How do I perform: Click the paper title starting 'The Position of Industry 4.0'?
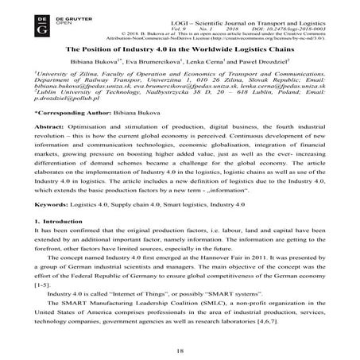pos(180,50)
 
